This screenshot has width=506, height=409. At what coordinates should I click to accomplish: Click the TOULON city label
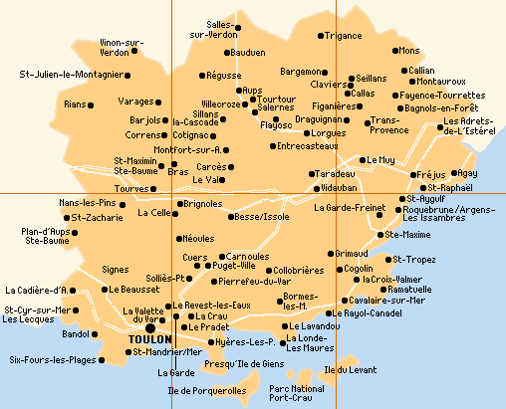point(149,339)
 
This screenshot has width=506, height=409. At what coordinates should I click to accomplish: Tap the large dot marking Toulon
point(150,326)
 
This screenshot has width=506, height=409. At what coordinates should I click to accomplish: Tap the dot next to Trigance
point(321,36)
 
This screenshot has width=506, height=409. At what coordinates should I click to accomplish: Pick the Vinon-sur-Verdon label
point(123,47)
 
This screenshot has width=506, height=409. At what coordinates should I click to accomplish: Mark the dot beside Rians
point(91,103)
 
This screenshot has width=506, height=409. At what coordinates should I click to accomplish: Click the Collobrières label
point(298,270)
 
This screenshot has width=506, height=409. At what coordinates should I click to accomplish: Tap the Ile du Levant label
point(351,370)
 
